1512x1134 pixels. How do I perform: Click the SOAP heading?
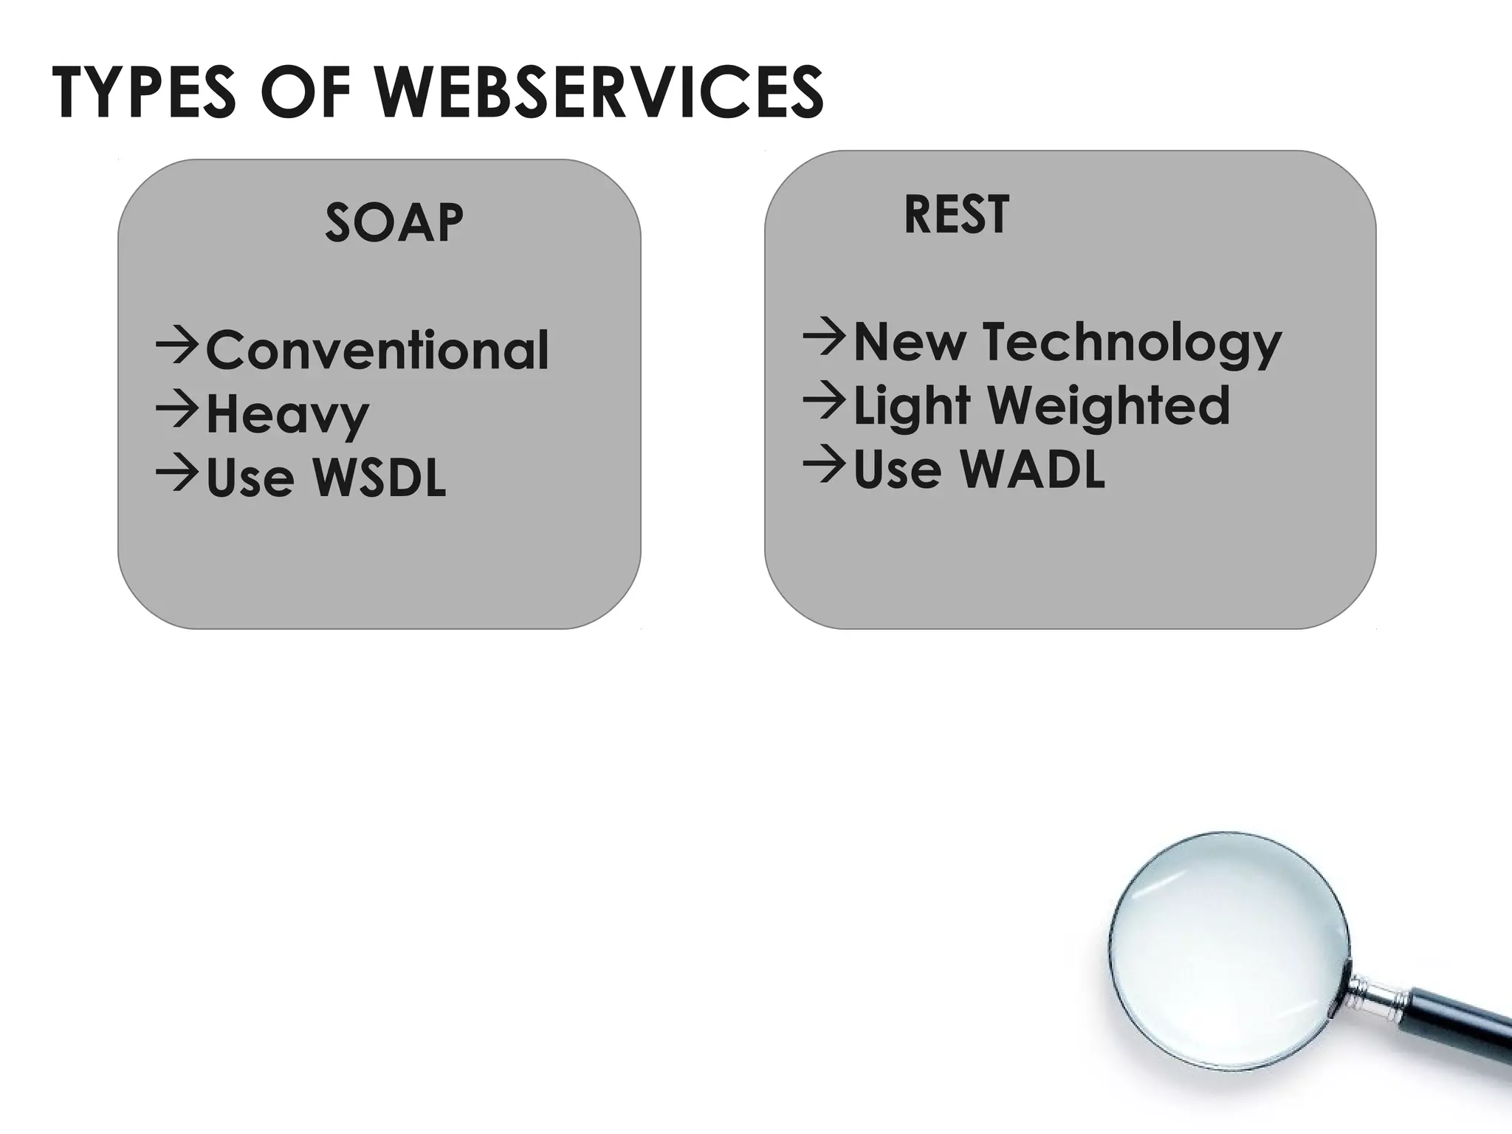(x=394, y=222)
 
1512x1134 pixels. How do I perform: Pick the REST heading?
(x=956, y=215)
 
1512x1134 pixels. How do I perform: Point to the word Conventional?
(x=377, y=350)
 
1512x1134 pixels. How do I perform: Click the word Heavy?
(x=287, y=415)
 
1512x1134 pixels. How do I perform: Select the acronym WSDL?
(x=379, y=478)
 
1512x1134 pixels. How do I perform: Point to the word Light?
(x=911, y=407)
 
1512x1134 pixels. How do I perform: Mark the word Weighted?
(x=1108, y=405)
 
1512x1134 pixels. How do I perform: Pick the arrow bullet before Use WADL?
(x=824, y=464)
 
